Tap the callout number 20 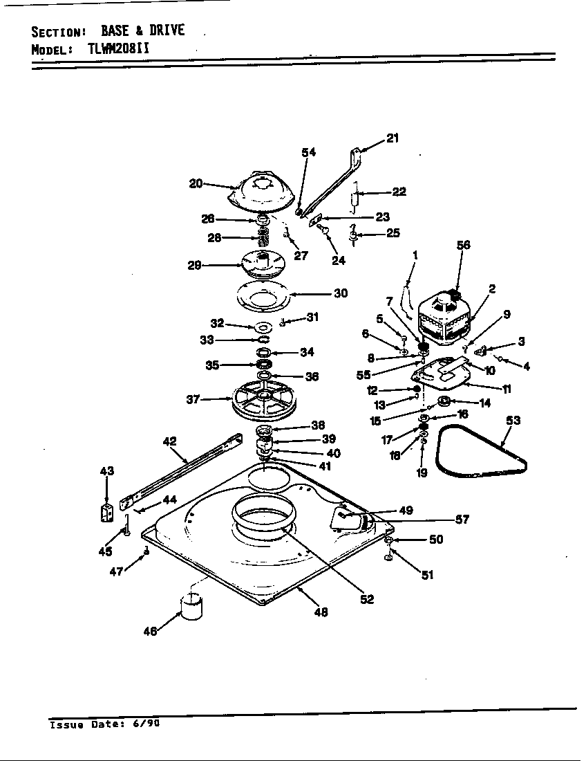pyautogui.click(x=196, y=183)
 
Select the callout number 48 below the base pyautogui.click(x=321, y=612)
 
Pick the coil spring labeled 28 pyautogui.click(x=263, y=238)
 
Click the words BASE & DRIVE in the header pyautogui.click(x=142, y=31)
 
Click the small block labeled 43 pyautogui.click(x=106, y=513)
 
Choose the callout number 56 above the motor pyautogui.click(x=463, y=245)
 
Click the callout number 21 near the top pyautogui.click(x=392, y=138)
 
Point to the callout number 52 pyautogui.click(x=366, y=599)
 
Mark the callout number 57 pyautogui.click(x=462, y=520)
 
